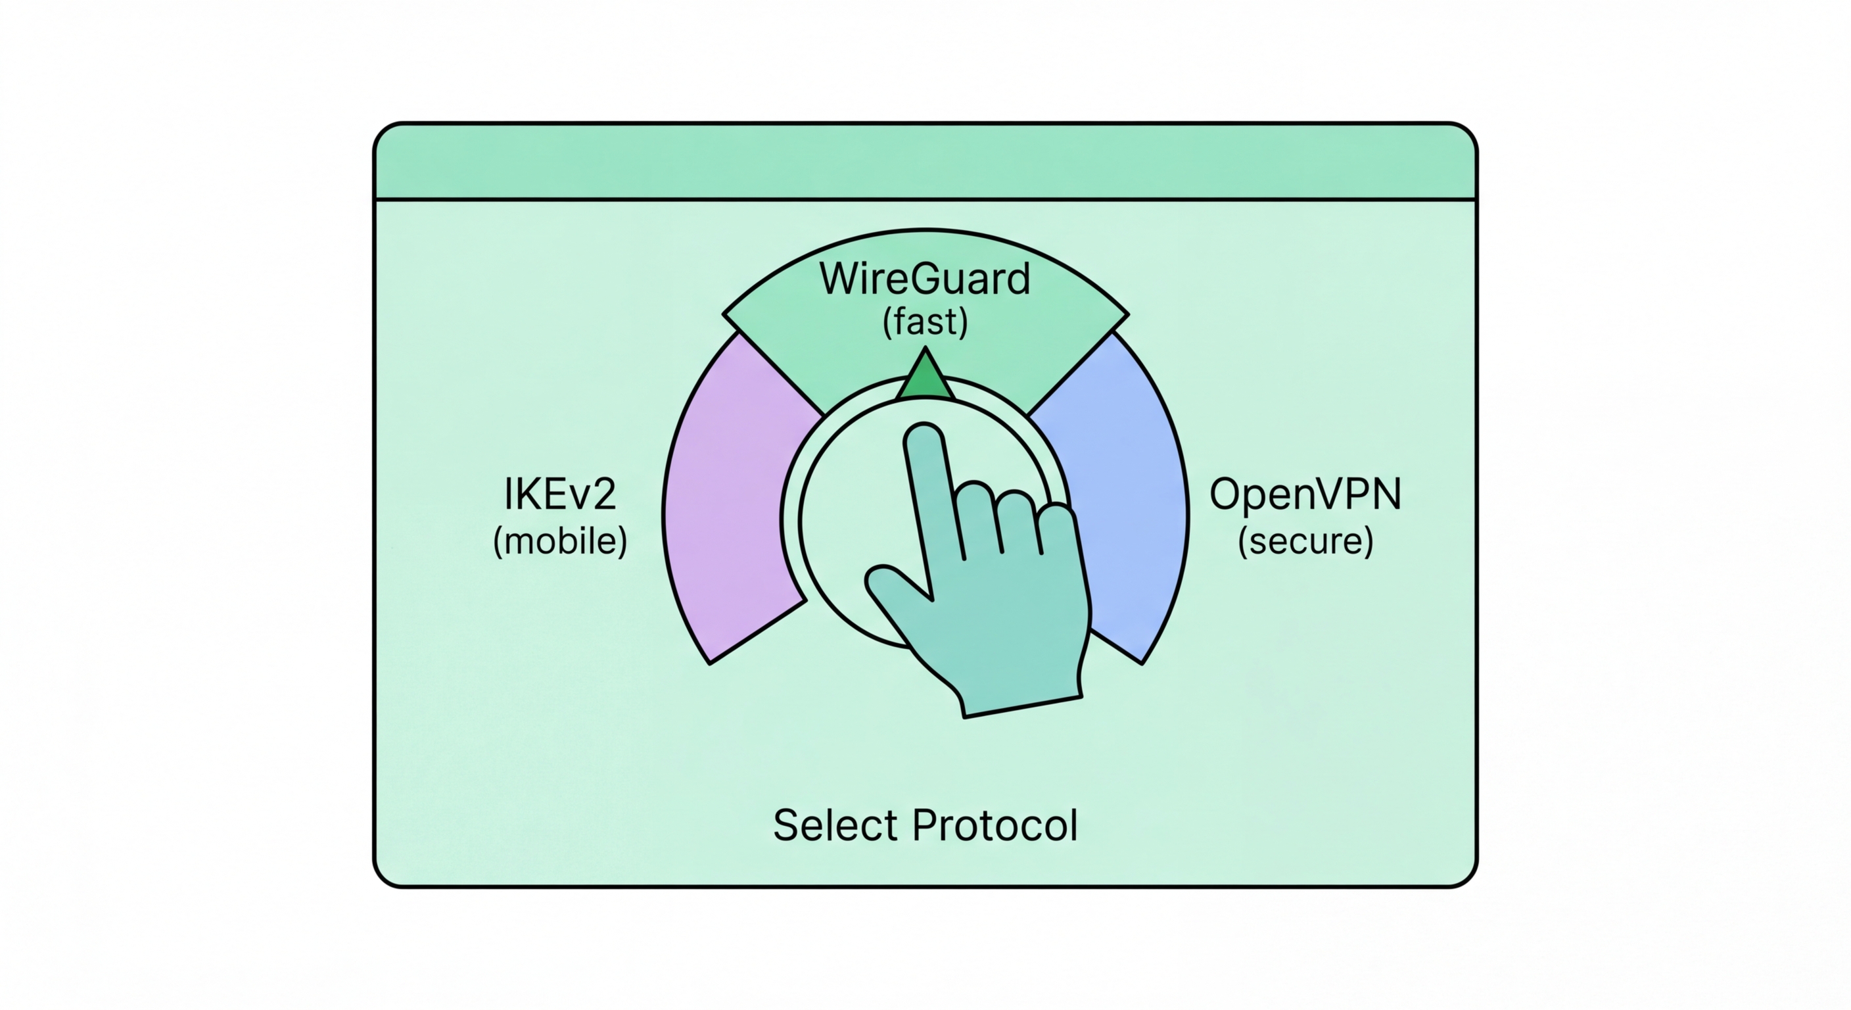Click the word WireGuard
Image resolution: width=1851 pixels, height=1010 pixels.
(x=925, y=279)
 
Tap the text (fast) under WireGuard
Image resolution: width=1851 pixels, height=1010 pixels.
(x=925, y=322)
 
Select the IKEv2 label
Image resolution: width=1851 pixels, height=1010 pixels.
(x=560, y=494)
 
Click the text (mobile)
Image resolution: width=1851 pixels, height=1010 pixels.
(x=560, y=541)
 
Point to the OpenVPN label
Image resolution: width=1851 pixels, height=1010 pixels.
(x=1305, y=494)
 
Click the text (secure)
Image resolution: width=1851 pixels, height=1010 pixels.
(x=1305, y=541)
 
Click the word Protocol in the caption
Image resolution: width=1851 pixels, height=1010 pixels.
(x=995, y=825)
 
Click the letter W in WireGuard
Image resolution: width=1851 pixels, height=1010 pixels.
(x=841, y=279)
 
